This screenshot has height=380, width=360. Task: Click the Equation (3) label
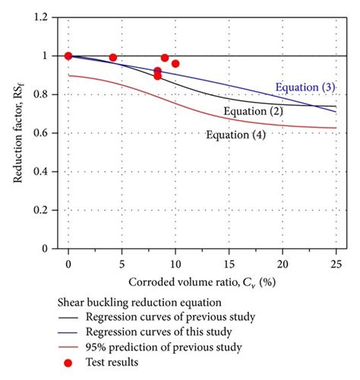(305, 87)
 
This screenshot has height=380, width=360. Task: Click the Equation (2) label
(254, 112)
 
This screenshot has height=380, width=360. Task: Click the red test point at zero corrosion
(68, 55)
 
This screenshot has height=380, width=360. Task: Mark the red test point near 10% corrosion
(175, 64)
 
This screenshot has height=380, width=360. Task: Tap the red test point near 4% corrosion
(113, 58)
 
